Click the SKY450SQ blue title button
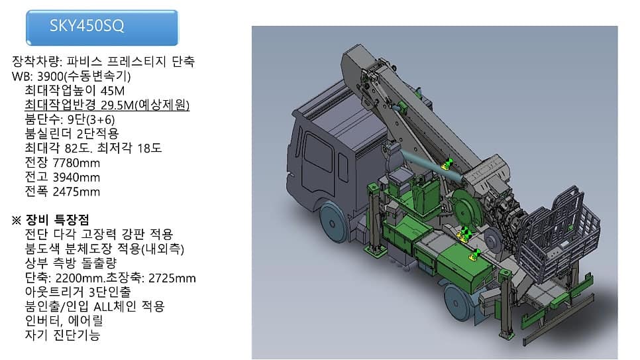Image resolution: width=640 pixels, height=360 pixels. (102, 27)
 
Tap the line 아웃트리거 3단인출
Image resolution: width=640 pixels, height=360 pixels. (78, 292)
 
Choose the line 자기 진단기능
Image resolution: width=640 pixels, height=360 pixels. (62, 335)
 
